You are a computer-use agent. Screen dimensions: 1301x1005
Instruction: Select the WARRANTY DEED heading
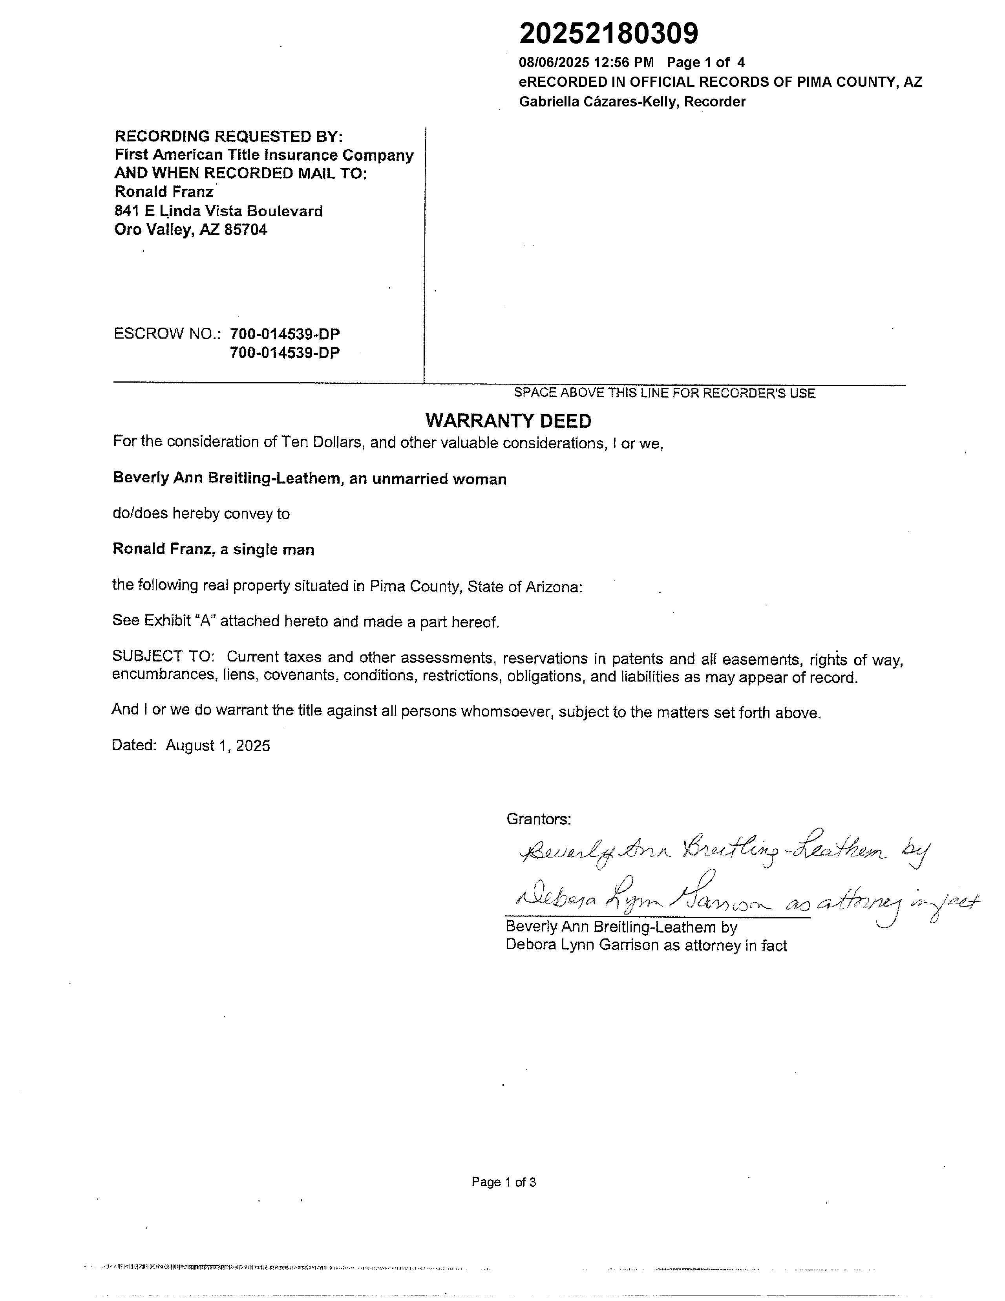(508, 421)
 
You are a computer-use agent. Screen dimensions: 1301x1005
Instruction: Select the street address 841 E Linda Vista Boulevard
(218, 211)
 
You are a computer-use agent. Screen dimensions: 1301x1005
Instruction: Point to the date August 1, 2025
(217, 746)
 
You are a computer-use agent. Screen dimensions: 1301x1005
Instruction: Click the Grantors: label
(538, 819)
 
